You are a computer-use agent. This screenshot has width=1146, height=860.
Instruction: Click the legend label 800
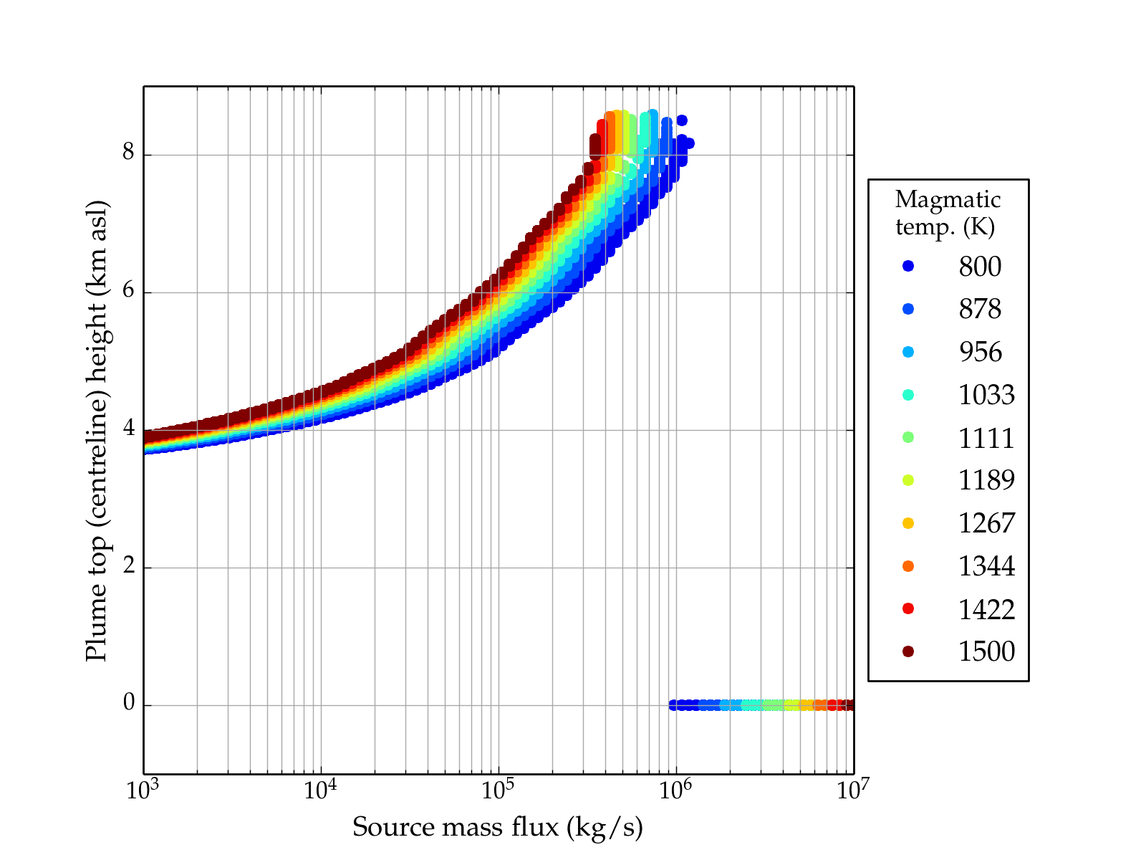[980, 267]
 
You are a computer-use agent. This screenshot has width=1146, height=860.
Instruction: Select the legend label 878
[980, 309]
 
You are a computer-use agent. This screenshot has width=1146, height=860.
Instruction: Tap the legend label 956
[980, 352]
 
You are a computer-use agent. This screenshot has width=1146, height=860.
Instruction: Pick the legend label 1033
[986, 395]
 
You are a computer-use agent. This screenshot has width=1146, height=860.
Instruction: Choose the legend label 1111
[986, 438]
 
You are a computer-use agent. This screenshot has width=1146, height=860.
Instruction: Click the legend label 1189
[986, 480]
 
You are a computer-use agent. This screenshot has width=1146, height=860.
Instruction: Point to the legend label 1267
[986, 523]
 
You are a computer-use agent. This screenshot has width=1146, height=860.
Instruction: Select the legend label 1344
[986, 566]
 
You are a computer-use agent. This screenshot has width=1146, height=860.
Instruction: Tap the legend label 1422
[986, 609]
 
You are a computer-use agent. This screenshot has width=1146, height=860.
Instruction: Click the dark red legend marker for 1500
[908, 651]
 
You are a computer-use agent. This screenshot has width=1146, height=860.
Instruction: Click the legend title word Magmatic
[948, 199]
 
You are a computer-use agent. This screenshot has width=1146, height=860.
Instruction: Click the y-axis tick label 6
[129, 291]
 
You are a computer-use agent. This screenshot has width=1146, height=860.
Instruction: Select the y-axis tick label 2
[129, 566]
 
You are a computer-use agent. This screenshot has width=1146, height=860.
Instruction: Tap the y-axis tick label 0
[129, 704]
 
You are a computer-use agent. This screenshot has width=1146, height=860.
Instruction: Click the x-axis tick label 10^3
[144, 790]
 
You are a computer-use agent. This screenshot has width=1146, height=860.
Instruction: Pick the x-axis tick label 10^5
[499, 790]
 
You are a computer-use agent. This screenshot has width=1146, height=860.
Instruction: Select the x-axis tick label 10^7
[853, 790]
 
